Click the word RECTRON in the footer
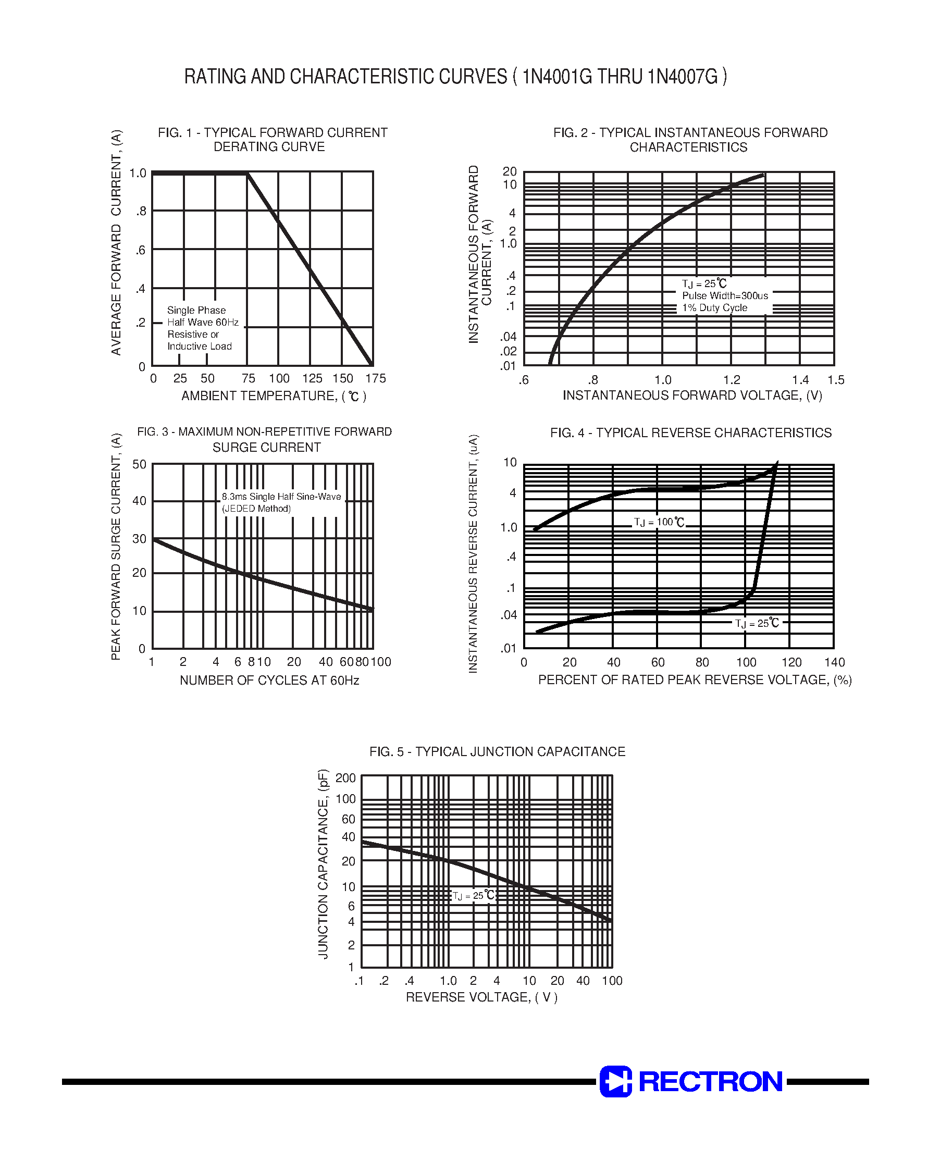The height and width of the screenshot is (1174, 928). coord(711,1082)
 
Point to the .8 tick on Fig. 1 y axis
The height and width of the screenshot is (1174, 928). coord(141,212)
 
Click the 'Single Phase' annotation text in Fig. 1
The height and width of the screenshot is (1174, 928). coord(196,310)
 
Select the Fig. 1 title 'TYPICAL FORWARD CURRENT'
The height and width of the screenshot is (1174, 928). coord(295,132)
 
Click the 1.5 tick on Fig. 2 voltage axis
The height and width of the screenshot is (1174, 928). coord(836,380)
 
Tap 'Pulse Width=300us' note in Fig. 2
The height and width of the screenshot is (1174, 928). coord(725,296)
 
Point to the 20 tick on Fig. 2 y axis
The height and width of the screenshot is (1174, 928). coord(509,171)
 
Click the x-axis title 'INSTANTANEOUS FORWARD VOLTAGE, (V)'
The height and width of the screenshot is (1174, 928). coord(692,396)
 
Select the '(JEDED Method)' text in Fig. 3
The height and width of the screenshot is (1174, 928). coord(256,509)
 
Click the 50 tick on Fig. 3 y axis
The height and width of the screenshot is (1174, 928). coord(139,464)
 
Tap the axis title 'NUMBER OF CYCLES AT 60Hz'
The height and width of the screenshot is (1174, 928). coord(269,680)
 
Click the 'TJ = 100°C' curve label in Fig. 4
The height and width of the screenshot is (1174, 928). coord(659,523)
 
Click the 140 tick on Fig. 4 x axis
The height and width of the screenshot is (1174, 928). coord(835,662)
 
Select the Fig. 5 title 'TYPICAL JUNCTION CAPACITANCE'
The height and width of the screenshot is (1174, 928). coord(520,752)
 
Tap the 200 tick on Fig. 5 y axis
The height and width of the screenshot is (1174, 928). coord(345,778)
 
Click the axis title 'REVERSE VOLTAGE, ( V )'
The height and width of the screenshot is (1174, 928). coord(482,997)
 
